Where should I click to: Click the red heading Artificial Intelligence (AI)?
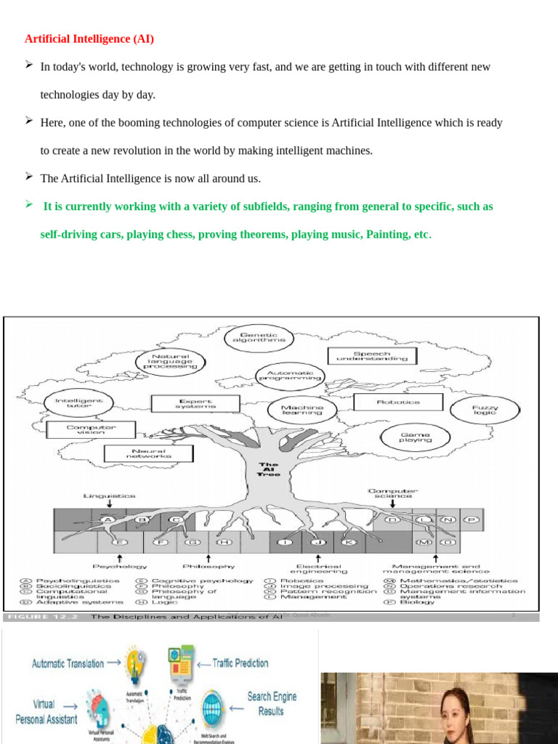89,39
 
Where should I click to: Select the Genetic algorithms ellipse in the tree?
259,337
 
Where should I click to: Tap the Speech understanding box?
373,356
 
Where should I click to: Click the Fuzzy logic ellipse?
485,410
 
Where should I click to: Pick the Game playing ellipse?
415,437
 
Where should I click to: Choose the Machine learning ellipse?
302,410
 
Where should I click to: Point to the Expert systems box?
195,403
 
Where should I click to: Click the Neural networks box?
148,453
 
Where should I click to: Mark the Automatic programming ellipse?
290,375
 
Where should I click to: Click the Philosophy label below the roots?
208,565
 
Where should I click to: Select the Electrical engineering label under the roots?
318,568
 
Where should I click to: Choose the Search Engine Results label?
272,703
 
